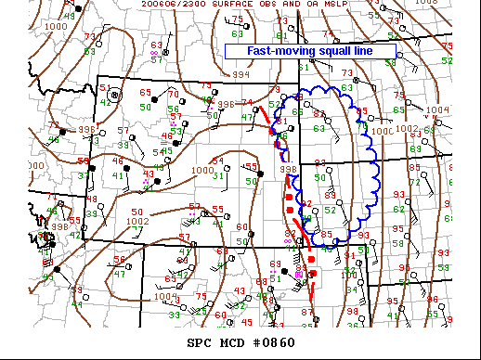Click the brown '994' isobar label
240,73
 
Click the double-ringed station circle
115,94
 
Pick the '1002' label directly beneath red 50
137,221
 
